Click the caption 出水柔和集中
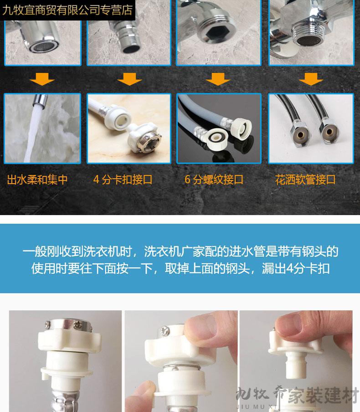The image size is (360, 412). tap(37, 180)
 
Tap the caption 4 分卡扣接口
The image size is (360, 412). tap(123, 180)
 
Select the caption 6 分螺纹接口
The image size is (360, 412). tap(214, 180)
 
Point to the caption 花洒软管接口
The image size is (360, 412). tap(305, 180)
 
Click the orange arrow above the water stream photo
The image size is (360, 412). tap(42, 79)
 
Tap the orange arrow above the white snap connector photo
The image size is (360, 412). tap(129, 79)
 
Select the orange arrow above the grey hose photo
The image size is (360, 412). tap(218, 79)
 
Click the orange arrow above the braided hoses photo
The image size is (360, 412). tap(311, 79)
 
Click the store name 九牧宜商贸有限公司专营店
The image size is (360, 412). tap(67, 10)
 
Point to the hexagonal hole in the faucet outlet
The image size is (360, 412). tap(215, 32)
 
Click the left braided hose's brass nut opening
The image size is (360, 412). tap(301, 135)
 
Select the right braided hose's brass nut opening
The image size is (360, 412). tap(329, 132)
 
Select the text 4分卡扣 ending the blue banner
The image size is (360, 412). tap(308, 268)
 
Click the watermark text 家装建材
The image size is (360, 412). tap(324, 396)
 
